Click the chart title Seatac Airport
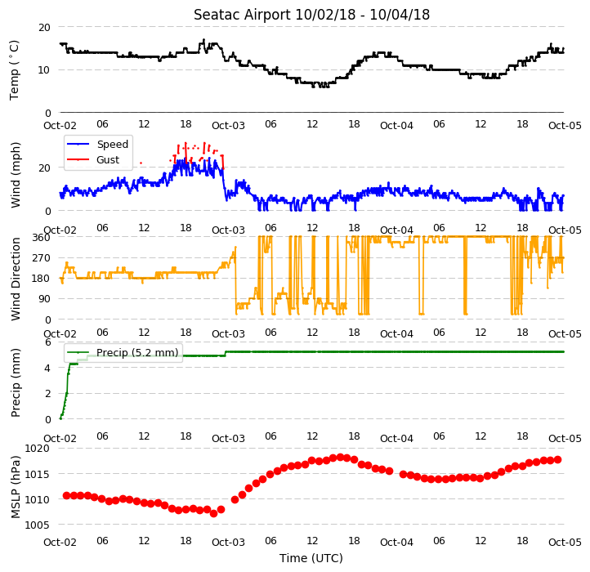(x=243, y=15)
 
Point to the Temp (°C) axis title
(x=14, y=70)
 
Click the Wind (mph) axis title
(x=15, y=175)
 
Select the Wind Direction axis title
(x=15, y=279)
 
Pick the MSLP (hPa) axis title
(x=15, y=487)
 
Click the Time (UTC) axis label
(x=311, y=557)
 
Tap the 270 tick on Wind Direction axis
(x=42, y=258)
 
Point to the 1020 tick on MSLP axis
(x=38, y=448)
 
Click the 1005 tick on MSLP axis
(x=38, y=525)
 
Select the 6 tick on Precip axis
(x=47, y=342)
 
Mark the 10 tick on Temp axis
(x=44, y=70)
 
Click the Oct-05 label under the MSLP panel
(x=565, y=543)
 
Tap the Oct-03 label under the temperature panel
(x=228, y=126)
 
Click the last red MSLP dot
(x=557, y=459)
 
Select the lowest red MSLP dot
(x=214, y=513)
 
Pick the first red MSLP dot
(x=67, y=496)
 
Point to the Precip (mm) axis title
(x=15, y=382)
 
